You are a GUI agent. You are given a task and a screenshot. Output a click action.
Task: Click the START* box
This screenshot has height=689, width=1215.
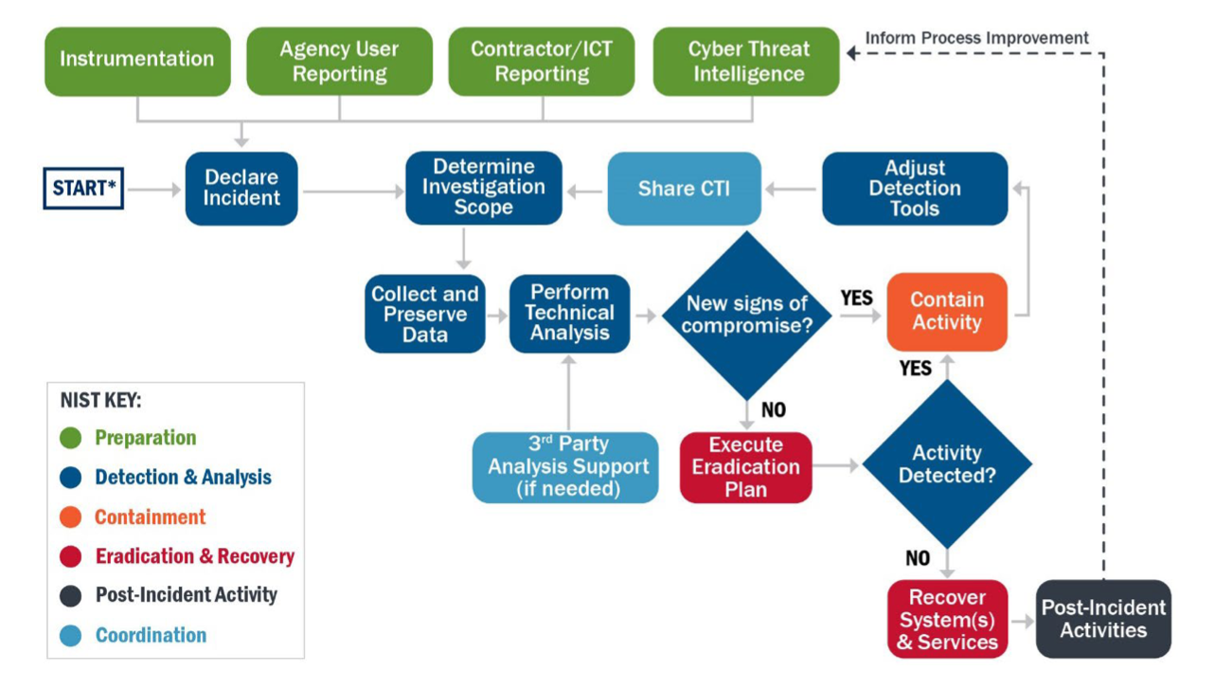83,188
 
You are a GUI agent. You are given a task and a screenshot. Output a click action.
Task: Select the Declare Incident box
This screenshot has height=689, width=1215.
241,188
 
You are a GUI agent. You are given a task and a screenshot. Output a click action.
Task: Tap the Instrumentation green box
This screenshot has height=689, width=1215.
137,61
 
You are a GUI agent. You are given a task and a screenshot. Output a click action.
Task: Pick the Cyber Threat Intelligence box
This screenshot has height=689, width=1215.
746,61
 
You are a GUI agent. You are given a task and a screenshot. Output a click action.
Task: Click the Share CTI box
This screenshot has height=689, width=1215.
684,189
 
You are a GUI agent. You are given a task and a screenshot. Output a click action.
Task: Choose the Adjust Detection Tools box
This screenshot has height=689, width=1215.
914,188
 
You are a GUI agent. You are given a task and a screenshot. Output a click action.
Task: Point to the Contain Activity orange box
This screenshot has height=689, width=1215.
946,312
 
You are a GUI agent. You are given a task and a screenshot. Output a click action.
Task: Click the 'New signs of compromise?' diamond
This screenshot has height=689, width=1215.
746,315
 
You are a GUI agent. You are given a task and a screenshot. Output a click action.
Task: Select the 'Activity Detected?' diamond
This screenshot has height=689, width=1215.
946,464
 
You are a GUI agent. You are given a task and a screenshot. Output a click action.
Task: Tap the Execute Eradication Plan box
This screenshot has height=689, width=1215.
745,467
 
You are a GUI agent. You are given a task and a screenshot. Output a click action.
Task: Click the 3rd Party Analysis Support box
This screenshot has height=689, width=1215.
565,467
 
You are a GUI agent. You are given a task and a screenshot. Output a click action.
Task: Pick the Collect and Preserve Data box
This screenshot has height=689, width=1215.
425,313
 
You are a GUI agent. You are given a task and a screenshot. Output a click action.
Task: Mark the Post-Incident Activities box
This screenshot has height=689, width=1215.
1103,619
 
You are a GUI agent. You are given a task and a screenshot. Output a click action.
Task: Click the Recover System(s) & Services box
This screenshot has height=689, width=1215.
946,619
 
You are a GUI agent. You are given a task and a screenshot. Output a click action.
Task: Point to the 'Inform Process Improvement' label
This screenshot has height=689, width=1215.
977,38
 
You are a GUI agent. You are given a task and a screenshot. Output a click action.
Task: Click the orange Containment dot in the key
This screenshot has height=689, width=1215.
70,517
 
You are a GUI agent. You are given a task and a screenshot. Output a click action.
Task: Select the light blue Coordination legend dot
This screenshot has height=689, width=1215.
70,636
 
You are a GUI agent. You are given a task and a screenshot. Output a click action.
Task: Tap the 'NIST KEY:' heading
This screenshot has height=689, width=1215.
100,401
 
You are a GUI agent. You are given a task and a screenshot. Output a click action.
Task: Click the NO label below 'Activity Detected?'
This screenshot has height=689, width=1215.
918,558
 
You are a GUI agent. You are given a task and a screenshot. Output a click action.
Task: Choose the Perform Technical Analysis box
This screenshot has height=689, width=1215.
569,313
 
